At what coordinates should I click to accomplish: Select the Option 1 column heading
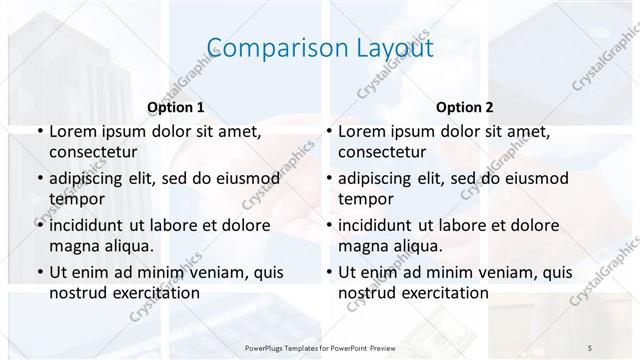pyautogui.click(x=176, y=106)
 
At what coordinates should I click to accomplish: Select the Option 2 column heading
pyautogui.click(x=465, y=106)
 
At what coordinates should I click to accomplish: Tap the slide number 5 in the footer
pyautogui.click(x=591, y=347)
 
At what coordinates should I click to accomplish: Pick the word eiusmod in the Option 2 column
pyautogui.click(x=533, y=179)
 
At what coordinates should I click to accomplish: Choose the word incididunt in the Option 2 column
pyautogui.click(x=383, y=225)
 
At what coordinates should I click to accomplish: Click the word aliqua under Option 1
pyautogui.click(x=127, y=246)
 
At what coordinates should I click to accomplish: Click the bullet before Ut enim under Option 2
pyautogui.click(x=328, y=272)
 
